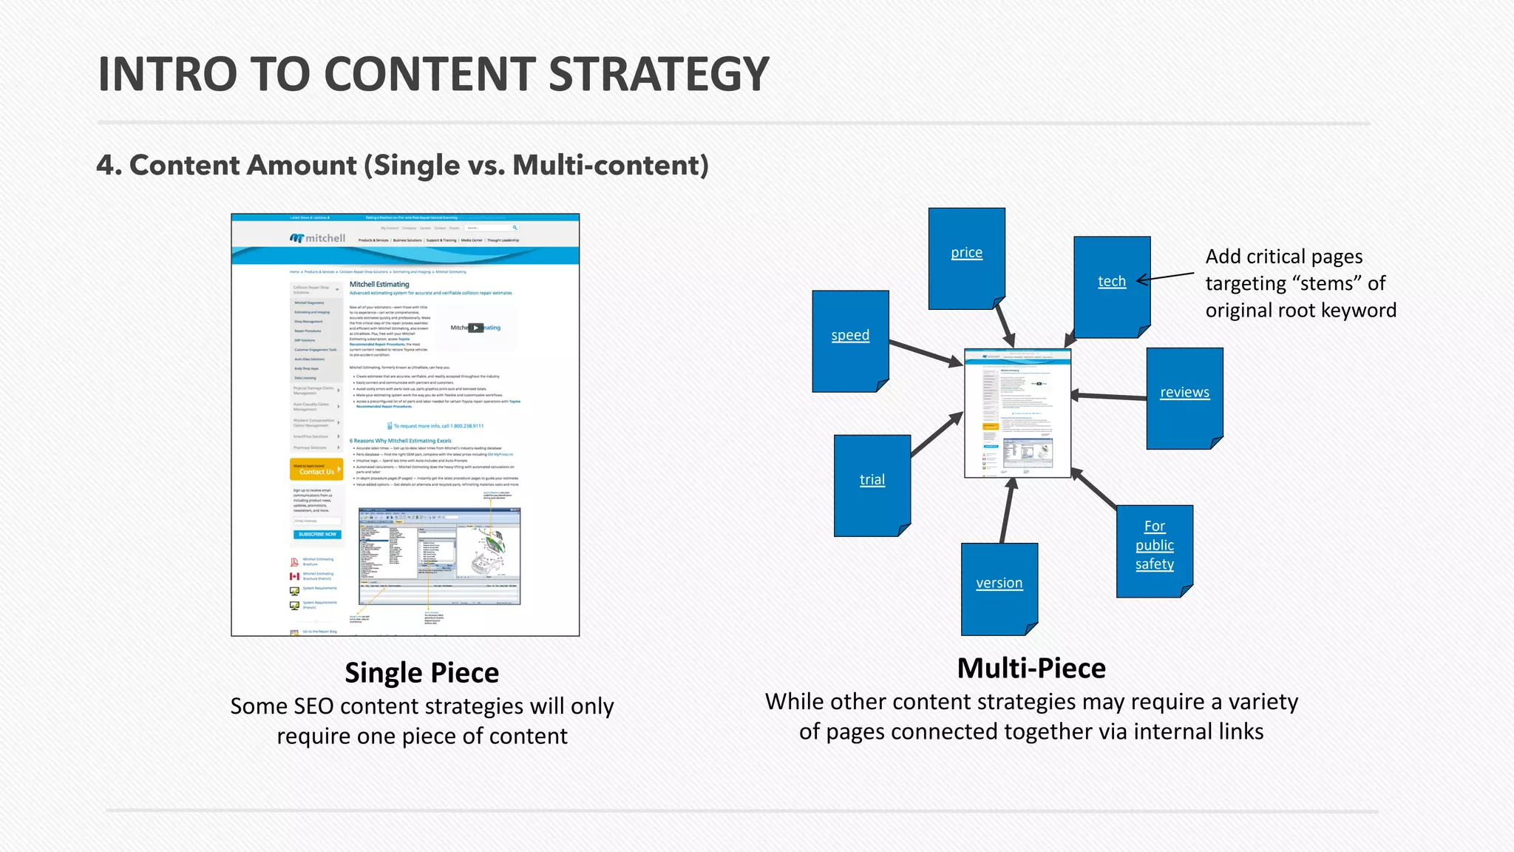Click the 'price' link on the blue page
[x=966, y=253]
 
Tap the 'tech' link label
[x=1111, y=282]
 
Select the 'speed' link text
[x=850, y=336]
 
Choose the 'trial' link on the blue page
[x=872, y=480]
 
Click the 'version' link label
[x=999, y=584]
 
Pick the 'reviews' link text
[x=1184, y=393]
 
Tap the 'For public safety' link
[x=1154, y=546]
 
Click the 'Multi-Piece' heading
[x=1031, y=669]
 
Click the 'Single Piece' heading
[x=421, y=673]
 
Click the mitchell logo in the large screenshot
[x=318, y=238]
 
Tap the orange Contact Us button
[x=316, y=470]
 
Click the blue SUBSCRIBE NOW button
[x=317, y=534]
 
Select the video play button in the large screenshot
[x=476, y=328]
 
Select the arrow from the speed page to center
[x=924, y=353]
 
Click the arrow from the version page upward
[x=1007, y=510]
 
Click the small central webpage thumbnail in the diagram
[x=1017, y=413]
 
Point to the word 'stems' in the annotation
[x=1327, y=284]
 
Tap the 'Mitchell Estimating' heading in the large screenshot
[x=379, y=284]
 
